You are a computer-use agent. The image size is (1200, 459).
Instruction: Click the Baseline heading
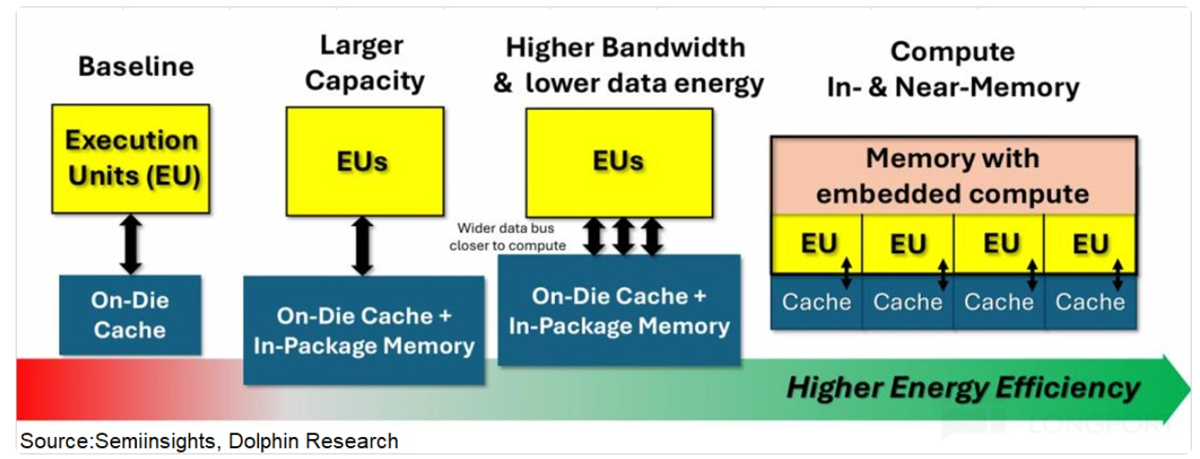tap(136, 67)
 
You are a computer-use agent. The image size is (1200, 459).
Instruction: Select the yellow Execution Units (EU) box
tap(130, 158)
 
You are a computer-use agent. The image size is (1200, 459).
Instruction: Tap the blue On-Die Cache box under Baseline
tap(130, 315)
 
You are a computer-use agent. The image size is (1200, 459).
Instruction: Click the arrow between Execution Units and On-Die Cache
tap(130, 244)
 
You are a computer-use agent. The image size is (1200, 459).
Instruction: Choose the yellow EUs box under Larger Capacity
tap(365, 162)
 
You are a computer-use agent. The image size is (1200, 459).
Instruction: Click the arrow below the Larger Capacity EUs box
tap(363, 246)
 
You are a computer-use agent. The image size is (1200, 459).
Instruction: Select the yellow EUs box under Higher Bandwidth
tap(618, 162)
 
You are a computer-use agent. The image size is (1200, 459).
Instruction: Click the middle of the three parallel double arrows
tap(623, 236)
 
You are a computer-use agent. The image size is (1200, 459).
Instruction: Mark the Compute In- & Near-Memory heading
tap(952, 70)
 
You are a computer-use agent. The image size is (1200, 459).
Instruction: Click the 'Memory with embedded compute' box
tap(953, 175)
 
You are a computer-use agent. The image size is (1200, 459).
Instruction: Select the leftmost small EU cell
tap(817, 244)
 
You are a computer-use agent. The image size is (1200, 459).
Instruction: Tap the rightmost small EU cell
tap(1091, 244)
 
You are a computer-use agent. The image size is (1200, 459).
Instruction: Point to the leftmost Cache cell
tap(816, 301)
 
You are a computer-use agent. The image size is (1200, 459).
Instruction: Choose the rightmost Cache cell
tap(1091, 301)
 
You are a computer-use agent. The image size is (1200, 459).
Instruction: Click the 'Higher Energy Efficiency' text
tap(962, 387)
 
